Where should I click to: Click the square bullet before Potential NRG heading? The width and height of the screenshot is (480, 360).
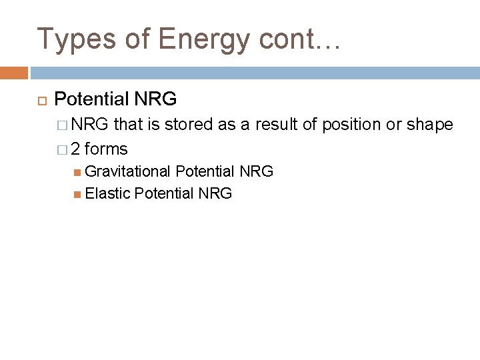point(39,101)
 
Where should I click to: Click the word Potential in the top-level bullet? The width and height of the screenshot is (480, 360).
point(91,100)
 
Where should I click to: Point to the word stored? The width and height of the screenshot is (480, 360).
point(189,125)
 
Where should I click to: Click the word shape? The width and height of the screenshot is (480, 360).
point(430,125)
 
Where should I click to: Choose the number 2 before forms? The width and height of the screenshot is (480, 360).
point(76,149)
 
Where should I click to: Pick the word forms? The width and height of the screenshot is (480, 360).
point(106,149)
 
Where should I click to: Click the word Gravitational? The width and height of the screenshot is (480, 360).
point(128,172)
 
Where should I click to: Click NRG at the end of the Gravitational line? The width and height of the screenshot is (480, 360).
point(256,172)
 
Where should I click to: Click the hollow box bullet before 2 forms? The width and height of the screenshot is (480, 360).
point(63,149)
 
